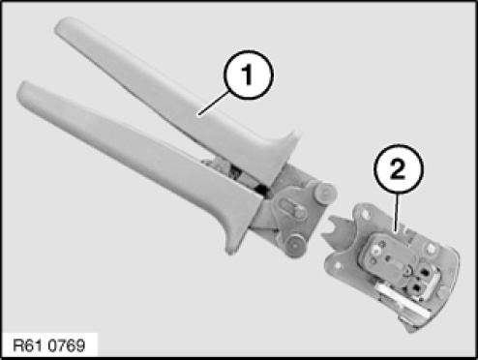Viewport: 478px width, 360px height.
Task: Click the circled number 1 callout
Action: pos(248,75)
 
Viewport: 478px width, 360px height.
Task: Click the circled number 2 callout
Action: pos(398,169)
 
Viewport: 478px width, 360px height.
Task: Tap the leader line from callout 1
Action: pos(214,103)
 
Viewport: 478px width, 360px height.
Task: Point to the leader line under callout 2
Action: pos(397,212)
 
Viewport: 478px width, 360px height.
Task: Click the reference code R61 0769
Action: pos(49,345)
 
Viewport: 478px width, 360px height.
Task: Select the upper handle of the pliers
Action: pos(174,97)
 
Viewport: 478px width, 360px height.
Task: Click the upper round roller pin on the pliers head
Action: pos(324,194)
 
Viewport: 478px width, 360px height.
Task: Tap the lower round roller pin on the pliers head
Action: pos(295,245)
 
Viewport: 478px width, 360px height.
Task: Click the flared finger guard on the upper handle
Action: pos(284,152)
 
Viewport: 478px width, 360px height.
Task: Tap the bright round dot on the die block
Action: pos(375,249)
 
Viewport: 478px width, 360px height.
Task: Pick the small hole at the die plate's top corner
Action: pos(366,214)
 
